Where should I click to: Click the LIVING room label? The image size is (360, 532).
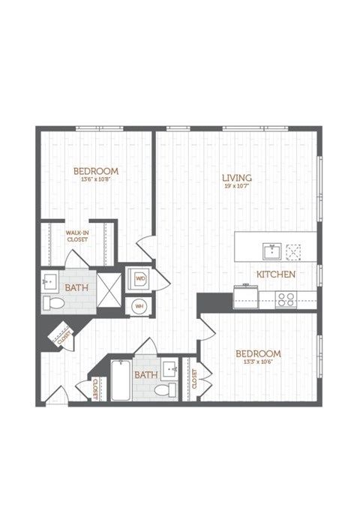tap(236, 178)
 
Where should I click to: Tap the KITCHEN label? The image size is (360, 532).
tap(276, 275)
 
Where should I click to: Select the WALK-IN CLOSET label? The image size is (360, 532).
tap(76, 236)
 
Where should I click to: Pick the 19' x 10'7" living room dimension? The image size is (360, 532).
tap(236, 187)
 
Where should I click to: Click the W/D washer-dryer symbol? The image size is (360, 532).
tap(139, 279)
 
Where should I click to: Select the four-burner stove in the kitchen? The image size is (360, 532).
tap(286, 299)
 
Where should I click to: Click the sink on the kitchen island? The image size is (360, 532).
tap(269, 250)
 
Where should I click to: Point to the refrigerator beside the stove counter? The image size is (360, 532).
tap(243, 296)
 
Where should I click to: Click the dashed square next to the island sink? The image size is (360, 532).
tap(293, 250)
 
